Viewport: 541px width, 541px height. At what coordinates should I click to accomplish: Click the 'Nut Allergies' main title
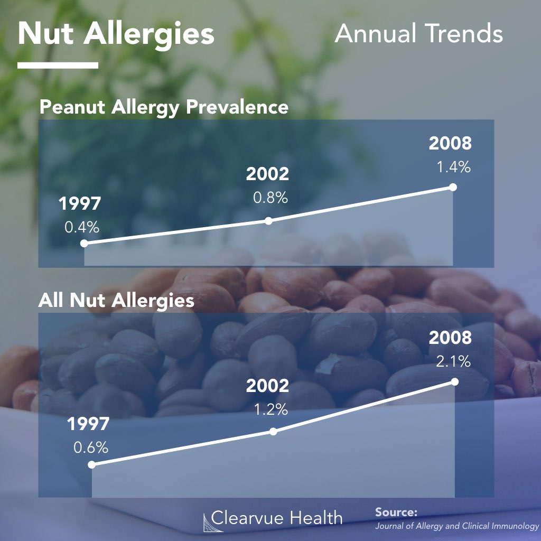click(x=116, y=34)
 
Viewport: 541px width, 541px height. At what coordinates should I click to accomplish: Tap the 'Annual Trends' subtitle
click(x=418, y=34)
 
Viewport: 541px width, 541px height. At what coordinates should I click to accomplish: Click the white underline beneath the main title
click(x=58, y=66)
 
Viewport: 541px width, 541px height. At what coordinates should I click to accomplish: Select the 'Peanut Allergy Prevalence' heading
click(x=164, y=107)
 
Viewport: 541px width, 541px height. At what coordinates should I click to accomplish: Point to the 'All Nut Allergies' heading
click(x=116, y=301)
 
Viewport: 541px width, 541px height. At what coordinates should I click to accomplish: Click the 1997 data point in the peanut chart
click(x=83, y=244)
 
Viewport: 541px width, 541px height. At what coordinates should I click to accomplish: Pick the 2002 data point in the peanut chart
click(x=268, y=221)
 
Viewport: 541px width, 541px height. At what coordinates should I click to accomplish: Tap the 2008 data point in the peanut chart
click(x=452, y=187)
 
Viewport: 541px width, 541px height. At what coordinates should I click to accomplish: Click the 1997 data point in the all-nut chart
click(x=91, y=465)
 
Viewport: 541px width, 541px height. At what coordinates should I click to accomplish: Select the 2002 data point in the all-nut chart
click(x=273, y=431)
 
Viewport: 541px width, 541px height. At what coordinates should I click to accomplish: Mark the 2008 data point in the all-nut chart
click(x=455, y=381)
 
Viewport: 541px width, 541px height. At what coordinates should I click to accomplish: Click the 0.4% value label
click(x=82, y=228)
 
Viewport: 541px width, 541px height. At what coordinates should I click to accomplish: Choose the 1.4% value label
click(x=453, y=167)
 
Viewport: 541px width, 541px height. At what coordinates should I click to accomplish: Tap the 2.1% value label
click(x=453, y=362)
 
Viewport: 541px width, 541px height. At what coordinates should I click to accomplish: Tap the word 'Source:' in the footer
click(x=396, y=512)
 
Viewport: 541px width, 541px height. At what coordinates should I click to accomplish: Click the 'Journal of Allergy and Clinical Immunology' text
click(x=456, y=526)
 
